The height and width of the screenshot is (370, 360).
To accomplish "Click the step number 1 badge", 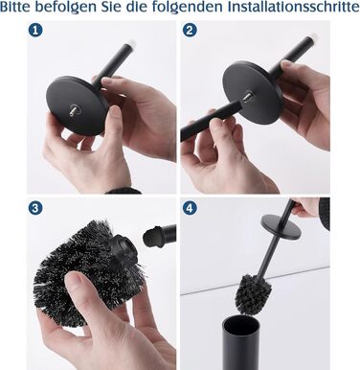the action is (x=35, y=31).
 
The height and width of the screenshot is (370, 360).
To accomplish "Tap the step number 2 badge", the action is (x=190, y=31).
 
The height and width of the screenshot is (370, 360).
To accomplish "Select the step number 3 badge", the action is (x=35, y=208).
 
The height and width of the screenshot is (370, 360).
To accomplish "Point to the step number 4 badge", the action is (x=190, y=208).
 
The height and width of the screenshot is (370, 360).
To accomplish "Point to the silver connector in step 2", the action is (x=248, y=97).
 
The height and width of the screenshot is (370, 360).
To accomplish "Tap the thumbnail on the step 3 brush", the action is (x=73, y=280).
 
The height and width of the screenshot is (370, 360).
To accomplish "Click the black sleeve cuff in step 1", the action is (x=124, y=191).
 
